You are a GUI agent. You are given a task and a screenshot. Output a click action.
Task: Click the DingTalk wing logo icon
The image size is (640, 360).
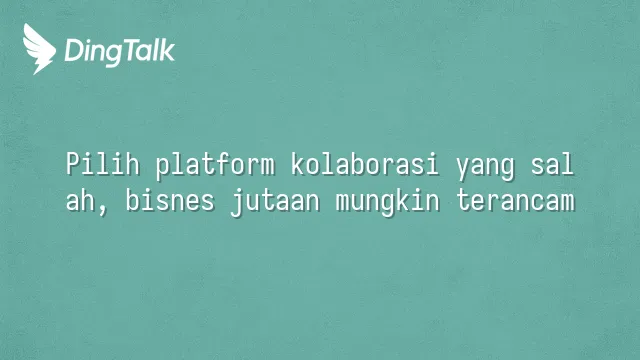click(x=39, y=49)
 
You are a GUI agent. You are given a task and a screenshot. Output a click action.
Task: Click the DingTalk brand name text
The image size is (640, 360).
click(x=120, y=52)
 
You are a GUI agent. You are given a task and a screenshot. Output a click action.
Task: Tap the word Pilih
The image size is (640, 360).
click(x=102, y=164)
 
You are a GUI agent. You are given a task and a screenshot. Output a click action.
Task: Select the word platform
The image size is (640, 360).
click(x=215, y=166)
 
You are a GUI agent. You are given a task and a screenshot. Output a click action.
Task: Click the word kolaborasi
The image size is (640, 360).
click(x=365, y=164)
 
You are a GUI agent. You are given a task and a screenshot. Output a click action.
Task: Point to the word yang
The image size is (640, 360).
click(x=485, y=168)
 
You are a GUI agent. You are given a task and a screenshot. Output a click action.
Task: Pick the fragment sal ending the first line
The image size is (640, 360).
click(x=553, y=164)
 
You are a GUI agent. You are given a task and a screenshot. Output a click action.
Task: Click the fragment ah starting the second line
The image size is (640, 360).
click(x=80, y=200)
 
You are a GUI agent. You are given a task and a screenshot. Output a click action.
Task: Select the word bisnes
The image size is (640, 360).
click(x=170, y=200)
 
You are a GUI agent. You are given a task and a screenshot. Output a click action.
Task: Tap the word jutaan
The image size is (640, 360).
click(x=275, y=202)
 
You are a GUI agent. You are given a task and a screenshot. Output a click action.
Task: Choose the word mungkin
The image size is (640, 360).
click(x=387, y=202)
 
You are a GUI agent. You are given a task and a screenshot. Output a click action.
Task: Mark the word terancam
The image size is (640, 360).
click(x=515, y=201)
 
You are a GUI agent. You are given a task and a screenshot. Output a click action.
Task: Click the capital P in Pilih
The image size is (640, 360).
click(x=73, y=164)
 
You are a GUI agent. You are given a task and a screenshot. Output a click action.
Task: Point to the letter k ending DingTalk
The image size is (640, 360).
click(x=167, y=50)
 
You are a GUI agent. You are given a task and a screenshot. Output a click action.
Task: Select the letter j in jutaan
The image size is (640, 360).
click(x=237, y=202)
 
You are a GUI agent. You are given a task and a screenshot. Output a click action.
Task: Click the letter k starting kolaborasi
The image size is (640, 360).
click(x=298, y=164)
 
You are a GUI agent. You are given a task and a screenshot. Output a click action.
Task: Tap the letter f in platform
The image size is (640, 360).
click(x=222, y=164)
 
